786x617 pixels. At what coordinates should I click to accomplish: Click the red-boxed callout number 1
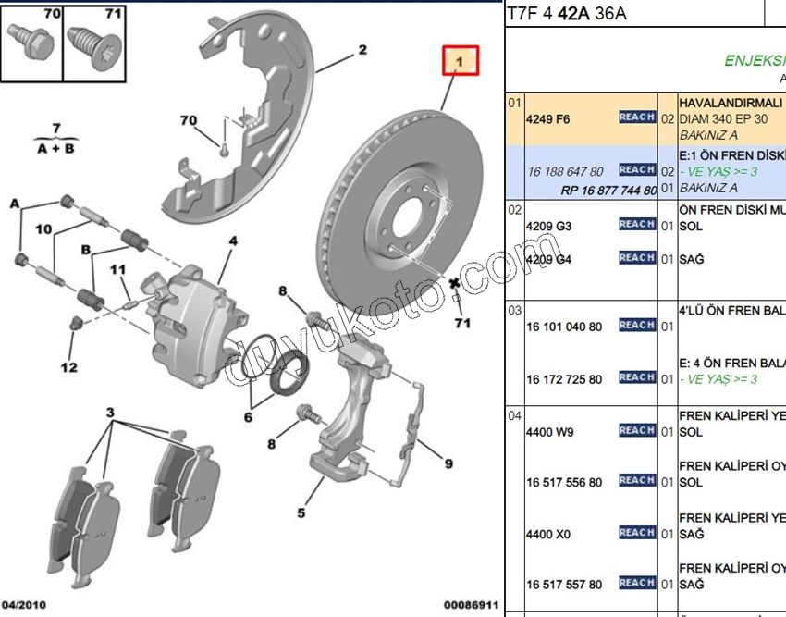[x=460, y=63]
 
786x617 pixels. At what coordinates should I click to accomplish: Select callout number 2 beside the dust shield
[x=362, y=50]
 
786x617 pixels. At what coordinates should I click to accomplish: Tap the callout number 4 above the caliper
[x=233, y=241]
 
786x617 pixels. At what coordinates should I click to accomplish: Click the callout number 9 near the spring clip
[x=448, y=464]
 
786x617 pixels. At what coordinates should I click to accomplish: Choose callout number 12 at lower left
[x=69, y=367]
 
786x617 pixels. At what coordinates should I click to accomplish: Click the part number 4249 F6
[x=548, y=119]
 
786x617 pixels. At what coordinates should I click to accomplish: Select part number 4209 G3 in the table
[x=549, y=226]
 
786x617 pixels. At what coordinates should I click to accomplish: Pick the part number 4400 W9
[x=549, y=432]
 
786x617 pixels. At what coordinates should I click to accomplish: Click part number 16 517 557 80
[x=564, y=585]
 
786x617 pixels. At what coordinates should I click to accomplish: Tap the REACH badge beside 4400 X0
[x=637, y=533]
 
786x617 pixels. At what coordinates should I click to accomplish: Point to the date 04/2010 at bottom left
[x=22, y=604]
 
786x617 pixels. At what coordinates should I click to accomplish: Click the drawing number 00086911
[x=473, y=604]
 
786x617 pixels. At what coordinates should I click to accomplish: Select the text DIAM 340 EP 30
[x=724, y=119]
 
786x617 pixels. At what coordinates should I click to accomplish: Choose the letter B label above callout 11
[x=86, y=250]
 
